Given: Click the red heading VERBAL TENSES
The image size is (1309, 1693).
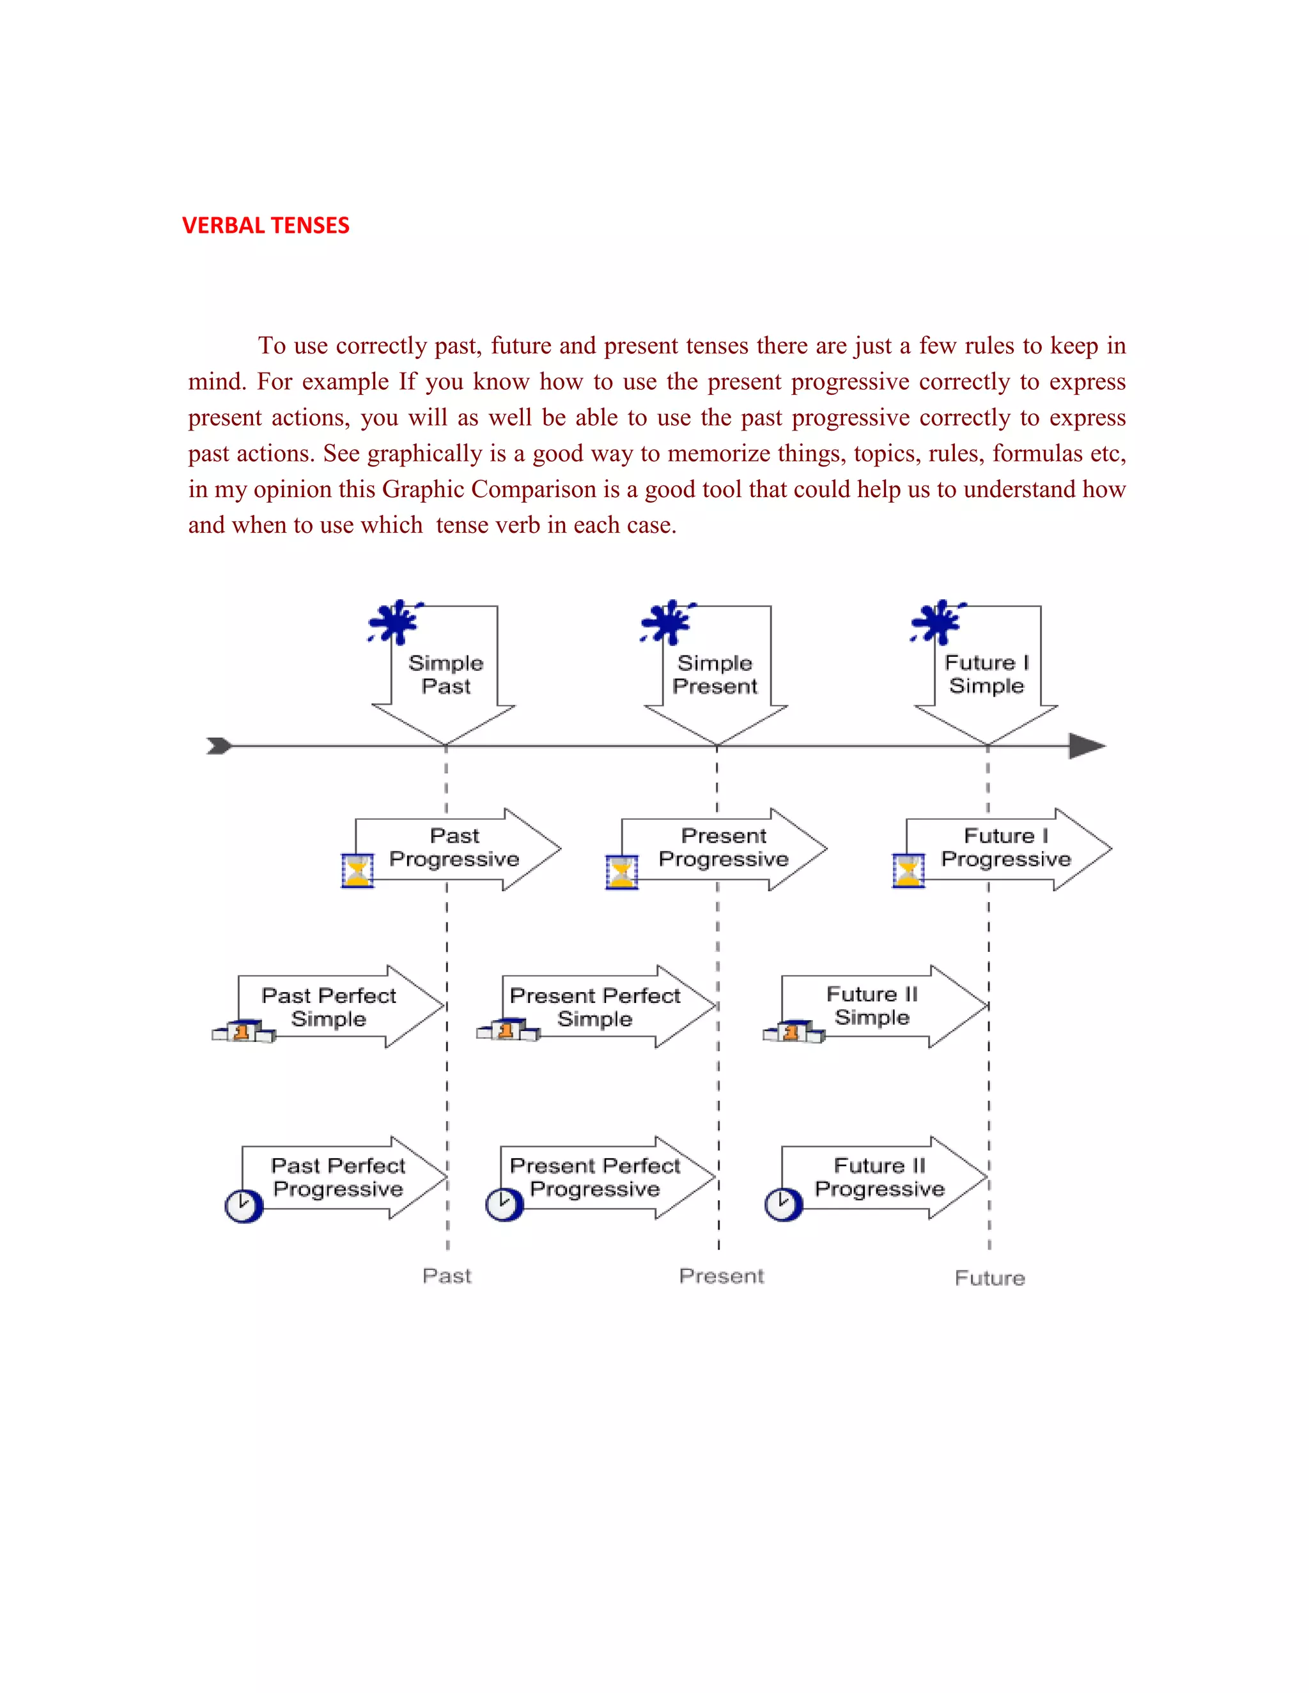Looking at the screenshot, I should click(265, 226).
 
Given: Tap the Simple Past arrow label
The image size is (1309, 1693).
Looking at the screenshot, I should click(446, 675).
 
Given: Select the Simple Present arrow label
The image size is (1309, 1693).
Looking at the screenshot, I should click(714, 675).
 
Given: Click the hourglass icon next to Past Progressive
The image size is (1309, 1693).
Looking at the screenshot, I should click(357, 871).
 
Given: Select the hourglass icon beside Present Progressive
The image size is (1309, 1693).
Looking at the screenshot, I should click(621, 871).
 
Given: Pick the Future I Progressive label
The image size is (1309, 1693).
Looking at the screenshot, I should click(1006, 847).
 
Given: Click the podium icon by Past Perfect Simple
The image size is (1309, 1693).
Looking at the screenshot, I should click(243, 1031).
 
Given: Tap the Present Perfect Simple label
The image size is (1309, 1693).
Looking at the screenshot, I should click(595, 1007).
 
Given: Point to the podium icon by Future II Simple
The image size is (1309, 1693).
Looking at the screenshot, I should click(793, 1032).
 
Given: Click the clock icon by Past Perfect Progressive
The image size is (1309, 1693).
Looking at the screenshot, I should click(244, 1206).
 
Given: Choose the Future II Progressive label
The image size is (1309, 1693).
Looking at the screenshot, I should click(879, 1177).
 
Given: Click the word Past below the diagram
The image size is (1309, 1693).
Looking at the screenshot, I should click(447, 1276).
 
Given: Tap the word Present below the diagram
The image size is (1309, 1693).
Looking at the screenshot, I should click(721, 1276).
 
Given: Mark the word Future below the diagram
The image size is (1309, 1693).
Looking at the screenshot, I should click(989, 1278).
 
